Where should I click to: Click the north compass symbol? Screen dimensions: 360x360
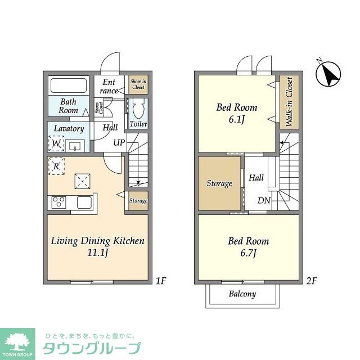click(x=328, y=74)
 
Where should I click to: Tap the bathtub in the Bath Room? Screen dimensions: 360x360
click(x=69, y=85)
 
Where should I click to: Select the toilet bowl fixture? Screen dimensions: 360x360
click(x=138, y=109)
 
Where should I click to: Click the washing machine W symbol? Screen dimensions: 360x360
click(x=56, y=143)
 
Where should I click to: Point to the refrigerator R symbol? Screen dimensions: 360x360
click(x=56, y=166)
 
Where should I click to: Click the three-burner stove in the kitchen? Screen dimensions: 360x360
click(x=58, y=202)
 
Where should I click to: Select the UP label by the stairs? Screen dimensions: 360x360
click(x=119, y=143)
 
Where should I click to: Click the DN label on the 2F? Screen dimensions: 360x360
click(x=264, y=201)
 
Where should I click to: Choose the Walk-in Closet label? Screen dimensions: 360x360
click(x=289, y=102)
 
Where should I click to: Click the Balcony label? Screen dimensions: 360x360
click(x=242, y=294)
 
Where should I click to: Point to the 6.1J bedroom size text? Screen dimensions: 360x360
click(x=237, y=120)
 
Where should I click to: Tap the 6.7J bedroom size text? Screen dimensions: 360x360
click(x=248, y=253)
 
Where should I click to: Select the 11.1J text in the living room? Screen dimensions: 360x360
click(x=97, y=253)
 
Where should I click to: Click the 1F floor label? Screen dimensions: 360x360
click(x=161, y=281)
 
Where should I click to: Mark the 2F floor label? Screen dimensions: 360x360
click(x=312, y=281)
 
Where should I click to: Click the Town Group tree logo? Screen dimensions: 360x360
click(x=17, y=341)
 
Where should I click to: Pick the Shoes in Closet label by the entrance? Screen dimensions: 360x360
click(x=138, y=84)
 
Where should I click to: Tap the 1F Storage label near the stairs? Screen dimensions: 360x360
click(x=138, y=201)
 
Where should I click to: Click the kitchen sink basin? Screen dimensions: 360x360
click(x=84, y=202)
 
